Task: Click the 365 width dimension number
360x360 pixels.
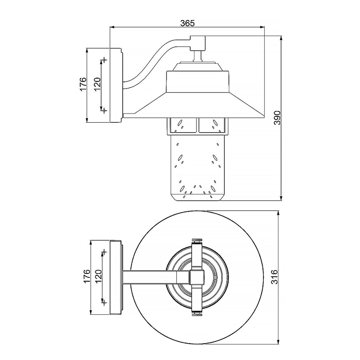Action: [x=187, y=23]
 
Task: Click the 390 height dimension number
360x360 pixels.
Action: [x=277, y=118]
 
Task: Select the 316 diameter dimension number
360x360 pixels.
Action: [x=275, y=277]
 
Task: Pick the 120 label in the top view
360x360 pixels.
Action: [x=98, y=276]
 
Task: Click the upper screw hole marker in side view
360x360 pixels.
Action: [x=104, y=60]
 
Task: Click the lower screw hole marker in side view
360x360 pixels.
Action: [x=104, y=111]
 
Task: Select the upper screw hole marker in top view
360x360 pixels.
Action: [x=104, y=252]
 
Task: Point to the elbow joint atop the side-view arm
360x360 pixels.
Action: [x=198, y=43]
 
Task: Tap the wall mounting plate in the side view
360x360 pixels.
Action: [x=116, y=85]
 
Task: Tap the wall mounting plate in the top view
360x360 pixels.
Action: [x=116, y=277]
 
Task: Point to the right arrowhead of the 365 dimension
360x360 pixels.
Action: [x=262, y=27]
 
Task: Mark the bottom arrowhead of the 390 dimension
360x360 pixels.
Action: [x=281, y=198]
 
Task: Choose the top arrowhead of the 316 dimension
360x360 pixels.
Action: [x=278, y=213]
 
